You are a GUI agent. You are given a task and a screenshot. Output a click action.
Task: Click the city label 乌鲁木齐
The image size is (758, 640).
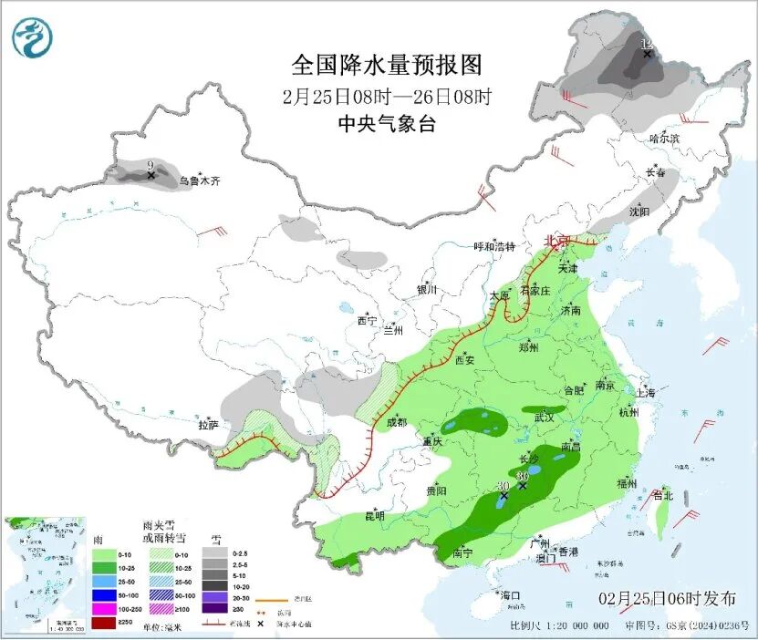[x=199, y=181]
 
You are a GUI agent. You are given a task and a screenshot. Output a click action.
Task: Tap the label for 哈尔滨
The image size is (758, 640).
[x=665, y=139]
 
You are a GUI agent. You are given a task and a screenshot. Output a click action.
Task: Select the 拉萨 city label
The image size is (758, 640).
[x=209, y=425]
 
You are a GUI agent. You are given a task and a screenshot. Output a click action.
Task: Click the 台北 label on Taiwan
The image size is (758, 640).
[x=662, y=496]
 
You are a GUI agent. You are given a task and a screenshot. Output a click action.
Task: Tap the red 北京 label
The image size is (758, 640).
[x=556, y=241]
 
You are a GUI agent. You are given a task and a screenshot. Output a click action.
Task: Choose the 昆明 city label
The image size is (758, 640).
[x=375, y=516]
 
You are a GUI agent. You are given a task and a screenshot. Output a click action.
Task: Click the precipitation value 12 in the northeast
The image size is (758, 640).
[x=647, y=44]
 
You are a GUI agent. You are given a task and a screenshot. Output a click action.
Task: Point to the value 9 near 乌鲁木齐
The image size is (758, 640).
[x=150, y=164]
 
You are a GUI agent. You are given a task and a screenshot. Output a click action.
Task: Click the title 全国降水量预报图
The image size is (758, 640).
[x=386, y=65]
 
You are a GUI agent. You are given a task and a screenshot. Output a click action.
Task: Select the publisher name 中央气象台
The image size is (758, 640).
[x=386, y=124]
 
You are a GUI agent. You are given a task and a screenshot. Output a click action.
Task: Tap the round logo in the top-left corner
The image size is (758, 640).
[x=33, y=37]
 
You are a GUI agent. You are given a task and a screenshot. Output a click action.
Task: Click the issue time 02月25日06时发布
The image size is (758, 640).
[x=668, y=599]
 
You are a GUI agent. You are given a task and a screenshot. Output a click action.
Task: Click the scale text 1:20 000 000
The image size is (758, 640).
[x=573, y=626]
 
